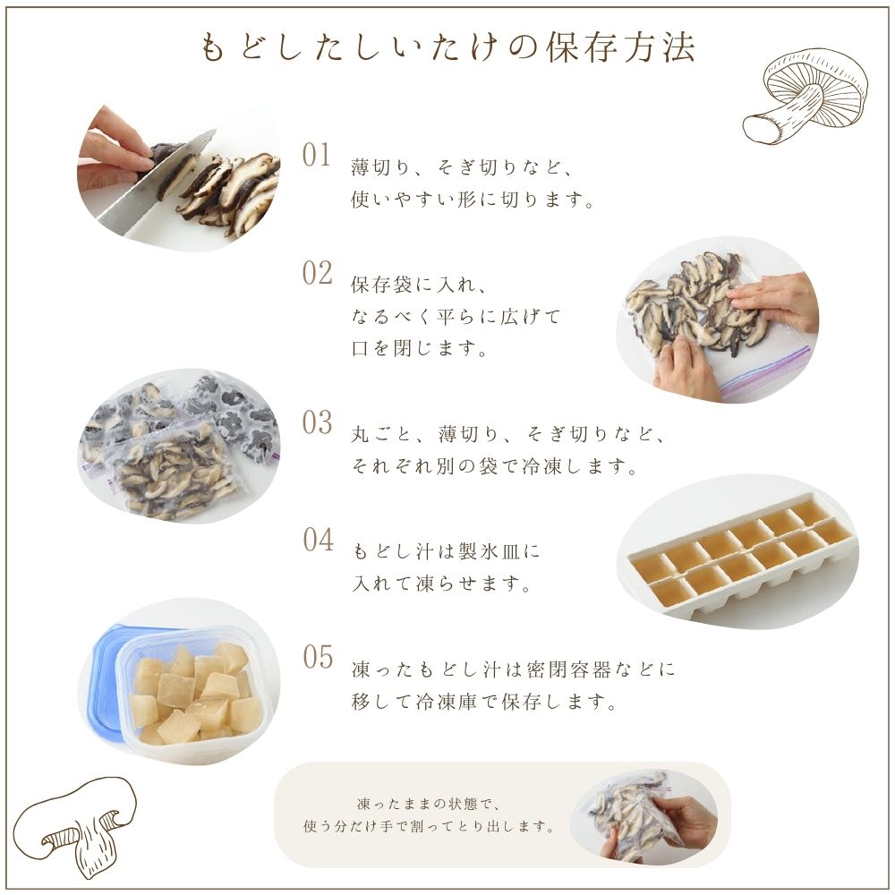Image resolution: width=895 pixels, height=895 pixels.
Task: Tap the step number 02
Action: click(x=317, y=274)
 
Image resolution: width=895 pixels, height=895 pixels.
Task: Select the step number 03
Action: click(x=317, y=422)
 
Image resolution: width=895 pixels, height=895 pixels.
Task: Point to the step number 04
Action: click(x=318, y=541)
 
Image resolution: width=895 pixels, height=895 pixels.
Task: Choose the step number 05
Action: click(x=318, y=657)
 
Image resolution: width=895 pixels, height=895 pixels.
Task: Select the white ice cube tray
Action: click(x=738, y=559)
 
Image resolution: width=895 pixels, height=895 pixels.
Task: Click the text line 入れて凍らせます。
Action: click(x=441, y=585)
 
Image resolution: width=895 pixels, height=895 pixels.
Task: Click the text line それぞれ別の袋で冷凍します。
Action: click(x=495, y=467)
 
